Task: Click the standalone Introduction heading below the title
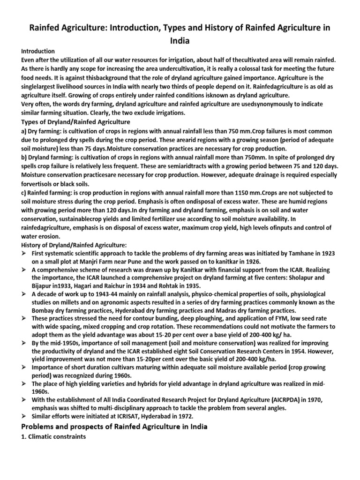tap(38, 51)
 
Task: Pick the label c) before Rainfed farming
tap(24, 193)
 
